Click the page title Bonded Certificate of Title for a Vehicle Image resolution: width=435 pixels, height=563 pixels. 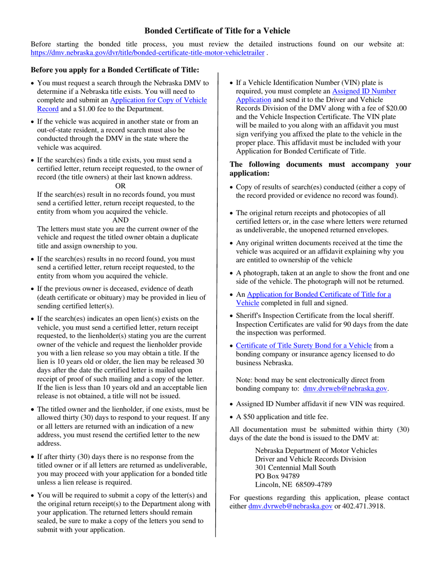(217, 31)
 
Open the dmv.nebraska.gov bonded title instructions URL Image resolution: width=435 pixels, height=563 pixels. (147, 53)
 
